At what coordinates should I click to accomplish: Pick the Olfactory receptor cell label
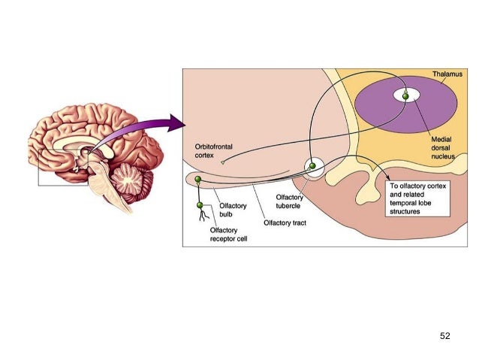click(228, 234)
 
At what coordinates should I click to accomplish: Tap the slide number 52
click(444, 335)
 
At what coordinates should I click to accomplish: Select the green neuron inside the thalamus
click(406, 96)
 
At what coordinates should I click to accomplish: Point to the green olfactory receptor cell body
click(200, 204)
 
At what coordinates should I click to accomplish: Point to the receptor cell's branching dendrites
click(200, 219)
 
